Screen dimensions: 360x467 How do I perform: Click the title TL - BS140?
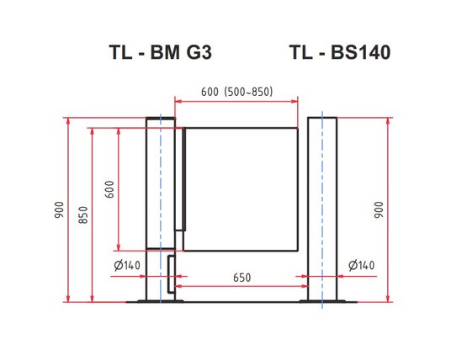[x=340, y=53]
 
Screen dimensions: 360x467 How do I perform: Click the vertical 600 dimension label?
[x=109, y=189]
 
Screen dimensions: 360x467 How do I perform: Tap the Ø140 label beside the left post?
[x=125, y=266]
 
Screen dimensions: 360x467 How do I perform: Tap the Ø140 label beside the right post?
[x=360, y=266]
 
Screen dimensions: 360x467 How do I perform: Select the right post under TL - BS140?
[x=323, y=210]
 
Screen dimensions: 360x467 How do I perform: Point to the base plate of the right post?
[x=323, y=302]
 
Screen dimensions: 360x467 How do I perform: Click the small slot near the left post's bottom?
[x=172, y=274]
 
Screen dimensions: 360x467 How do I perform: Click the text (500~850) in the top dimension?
[x=249, y=93]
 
